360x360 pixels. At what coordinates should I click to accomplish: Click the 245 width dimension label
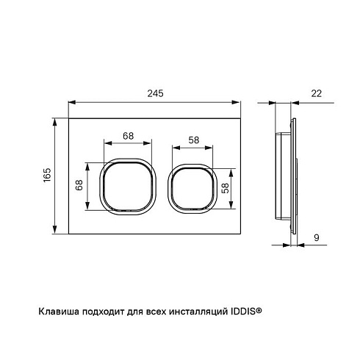tap(155, 93)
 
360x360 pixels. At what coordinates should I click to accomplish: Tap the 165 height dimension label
tap(47, 175)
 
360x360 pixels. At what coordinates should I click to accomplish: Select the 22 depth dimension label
tap(316, 93)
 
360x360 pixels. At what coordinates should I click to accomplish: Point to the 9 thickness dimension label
tap(317, 237)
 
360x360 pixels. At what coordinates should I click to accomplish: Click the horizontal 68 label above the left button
tap(129, 136)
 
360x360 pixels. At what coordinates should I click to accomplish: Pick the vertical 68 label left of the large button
tap(79, 185)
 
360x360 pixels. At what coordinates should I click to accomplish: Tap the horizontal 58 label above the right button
tap(194, 140)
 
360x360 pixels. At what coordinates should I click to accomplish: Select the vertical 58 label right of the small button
tap(225, 188)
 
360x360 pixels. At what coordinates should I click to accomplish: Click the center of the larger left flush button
tap(128, 187)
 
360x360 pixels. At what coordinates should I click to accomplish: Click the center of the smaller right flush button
tap(192, 189)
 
